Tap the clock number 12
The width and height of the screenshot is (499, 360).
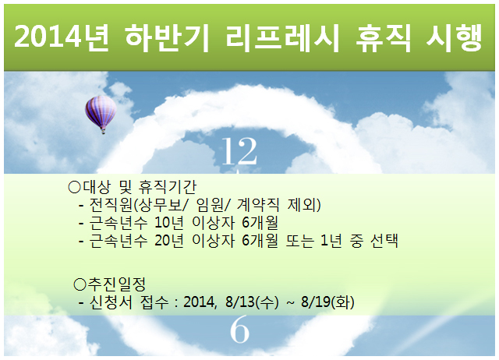[x=239, y=151]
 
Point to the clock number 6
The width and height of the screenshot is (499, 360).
[x=239, y=329]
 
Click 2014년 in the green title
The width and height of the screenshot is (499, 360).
[x=61, y=37]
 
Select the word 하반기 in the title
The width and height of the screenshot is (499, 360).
[x=166, y=38]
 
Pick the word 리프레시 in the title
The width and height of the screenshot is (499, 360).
[x=282, y=38]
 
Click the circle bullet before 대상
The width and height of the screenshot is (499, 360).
[x=75, y=187]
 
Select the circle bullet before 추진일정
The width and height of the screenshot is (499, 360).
[x=80, y=284]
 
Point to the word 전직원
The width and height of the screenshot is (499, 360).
[x=111, y=205]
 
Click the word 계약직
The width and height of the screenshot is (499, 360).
[x=258, y=205]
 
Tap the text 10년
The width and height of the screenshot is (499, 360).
[x=169, y=223]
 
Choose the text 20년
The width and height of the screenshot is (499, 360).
[x=169, y=241]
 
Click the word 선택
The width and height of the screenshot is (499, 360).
[x=384, y=241]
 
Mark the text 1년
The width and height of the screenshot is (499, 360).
[x=331, y=241]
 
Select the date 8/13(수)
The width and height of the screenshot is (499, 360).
[x=252, y=302]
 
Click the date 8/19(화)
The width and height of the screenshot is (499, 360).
[x=327, y=302]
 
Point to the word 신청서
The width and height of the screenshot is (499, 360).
[x=111, y=302]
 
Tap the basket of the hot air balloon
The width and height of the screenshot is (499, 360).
[x=103, y=131]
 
